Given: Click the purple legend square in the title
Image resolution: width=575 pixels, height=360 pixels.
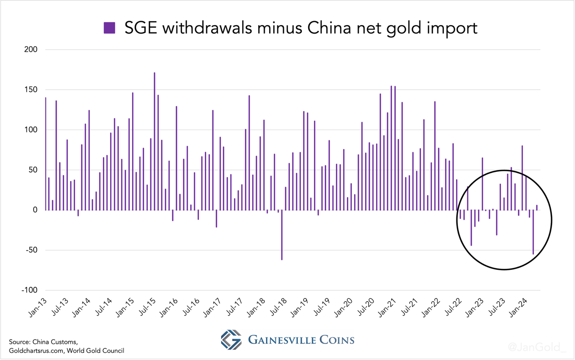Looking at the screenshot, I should (110, 28).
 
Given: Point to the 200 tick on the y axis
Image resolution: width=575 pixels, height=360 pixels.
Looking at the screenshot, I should (31, 49).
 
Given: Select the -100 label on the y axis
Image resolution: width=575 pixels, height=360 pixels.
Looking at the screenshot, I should (29, 290).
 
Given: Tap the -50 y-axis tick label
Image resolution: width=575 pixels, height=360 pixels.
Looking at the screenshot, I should (31, 250).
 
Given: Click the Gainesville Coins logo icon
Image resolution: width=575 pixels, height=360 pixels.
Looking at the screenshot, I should (231, 340).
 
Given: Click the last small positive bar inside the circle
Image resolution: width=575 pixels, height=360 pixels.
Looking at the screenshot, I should (537, 207).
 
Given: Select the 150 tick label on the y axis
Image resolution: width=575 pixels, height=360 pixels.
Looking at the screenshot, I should (31, 89).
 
